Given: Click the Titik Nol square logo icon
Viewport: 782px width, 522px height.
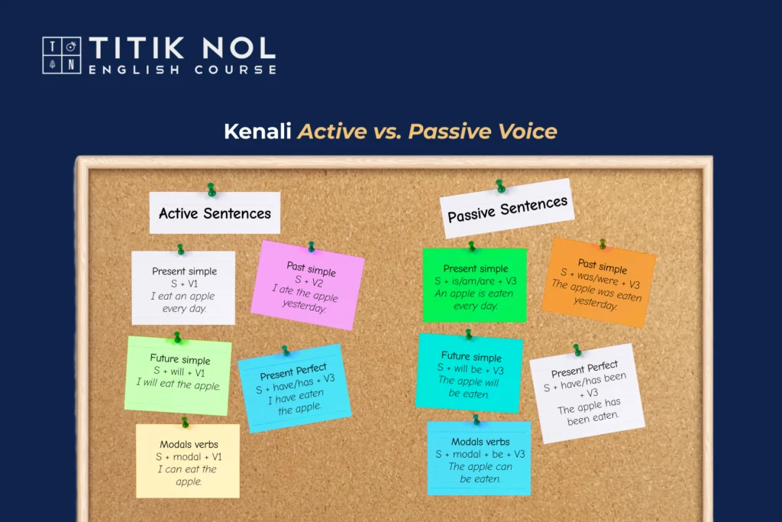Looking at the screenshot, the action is (x=62, y=55).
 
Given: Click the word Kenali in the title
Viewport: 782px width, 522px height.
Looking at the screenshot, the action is (x=257, y=131).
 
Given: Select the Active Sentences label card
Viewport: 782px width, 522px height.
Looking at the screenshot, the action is (x=215, y=212).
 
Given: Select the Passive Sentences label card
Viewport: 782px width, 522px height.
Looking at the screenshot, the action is (x=507, y=209).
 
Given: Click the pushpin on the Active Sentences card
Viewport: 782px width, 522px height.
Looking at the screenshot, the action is (x=212, y=189).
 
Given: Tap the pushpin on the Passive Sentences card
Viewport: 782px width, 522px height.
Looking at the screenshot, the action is (x=500, y=186).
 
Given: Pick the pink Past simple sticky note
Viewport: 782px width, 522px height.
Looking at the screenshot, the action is (x=308, y=285).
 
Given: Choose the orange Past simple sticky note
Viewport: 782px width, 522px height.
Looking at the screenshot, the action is (x=599, y=283).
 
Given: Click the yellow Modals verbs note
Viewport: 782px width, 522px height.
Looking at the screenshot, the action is (x=188, y=461).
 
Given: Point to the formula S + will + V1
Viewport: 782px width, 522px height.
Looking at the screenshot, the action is (x=179, y=371).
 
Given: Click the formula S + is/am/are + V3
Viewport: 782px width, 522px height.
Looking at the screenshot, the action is (x=475, y=281).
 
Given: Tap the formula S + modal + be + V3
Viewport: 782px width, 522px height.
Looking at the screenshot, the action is (x=480, y=454).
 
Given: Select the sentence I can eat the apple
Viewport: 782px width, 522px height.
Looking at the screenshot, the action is (x=188, y=475).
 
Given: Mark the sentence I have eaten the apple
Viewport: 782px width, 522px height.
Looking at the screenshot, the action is (x=297, y=402).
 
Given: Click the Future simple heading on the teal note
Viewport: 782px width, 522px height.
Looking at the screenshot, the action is (x=471, y=356).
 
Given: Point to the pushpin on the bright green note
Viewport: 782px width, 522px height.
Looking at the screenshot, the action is (x=471, y=246).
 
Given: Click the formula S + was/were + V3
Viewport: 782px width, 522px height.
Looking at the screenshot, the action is (x=600, y=278).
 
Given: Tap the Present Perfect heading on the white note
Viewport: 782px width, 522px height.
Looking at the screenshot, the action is (x=584, y=369).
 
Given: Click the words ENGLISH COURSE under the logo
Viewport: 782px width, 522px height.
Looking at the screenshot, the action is (x=183, y=70).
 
